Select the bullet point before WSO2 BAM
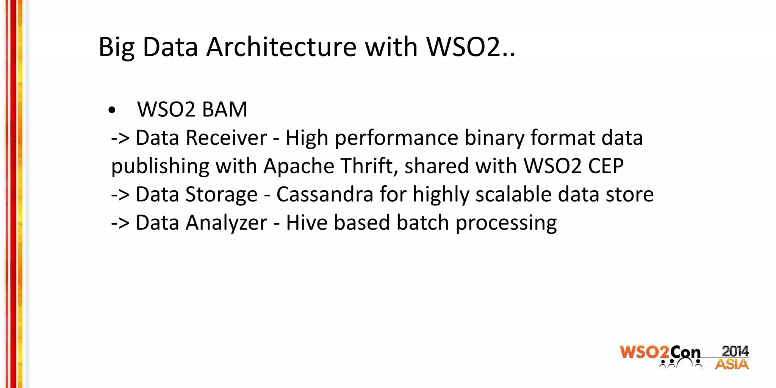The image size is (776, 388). pyautogui.click(x=111, y=110)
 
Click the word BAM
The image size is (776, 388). pyautogui.click(x=224, y=110)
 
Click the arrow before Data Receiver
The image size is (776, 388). pyautogui.click(x=120, y=138)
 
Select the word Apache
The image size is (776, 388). pyautogui.click(x=299, y=166)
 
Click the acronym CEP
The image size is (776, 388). pyautogui.click(x=605, y=166)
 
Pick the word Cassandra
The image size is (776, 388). pyautogui.click(x=325, y=194)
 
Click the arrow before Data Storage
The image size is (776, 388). pyautogui.click(x=120, y=195)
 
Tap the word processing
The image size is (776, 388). pyautogui.click(x=506, y=223)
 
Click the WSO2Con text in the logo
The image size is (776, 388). pyautogui.click(x=660, y=353)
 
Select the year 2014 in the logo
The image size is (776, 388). pyautogui.click(x=735, y=351)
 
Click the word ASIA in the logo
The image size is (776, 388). pyautogui.click(x=732, y=365)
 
